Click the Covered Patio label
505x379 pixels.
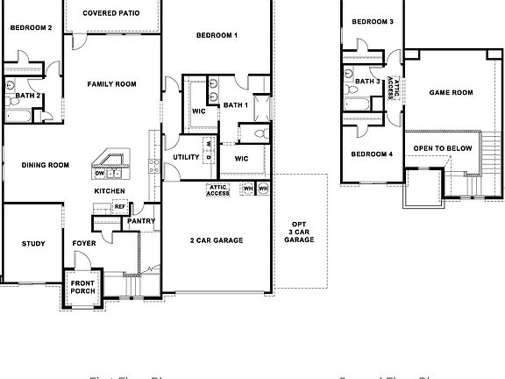(110, 14)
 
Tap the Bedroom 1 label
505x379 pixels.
(216, 35)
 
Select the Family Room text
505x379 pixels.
(111, 84)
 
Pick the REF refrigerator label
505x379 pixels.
(120, 206)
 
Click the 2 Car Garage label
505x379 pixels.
(216, 240)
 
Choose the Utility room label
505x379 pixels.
(186, 158)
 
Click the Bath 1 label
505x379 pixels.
(235, 105)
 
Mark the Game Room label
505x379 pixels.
(451, 92)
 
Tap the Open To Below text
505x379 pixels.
(443, 148)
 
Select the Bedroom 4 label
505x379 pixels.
(372, 154)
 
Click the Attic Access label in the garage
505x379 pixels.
(218, 189)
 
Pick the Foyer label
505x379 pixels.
(84, 244)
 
